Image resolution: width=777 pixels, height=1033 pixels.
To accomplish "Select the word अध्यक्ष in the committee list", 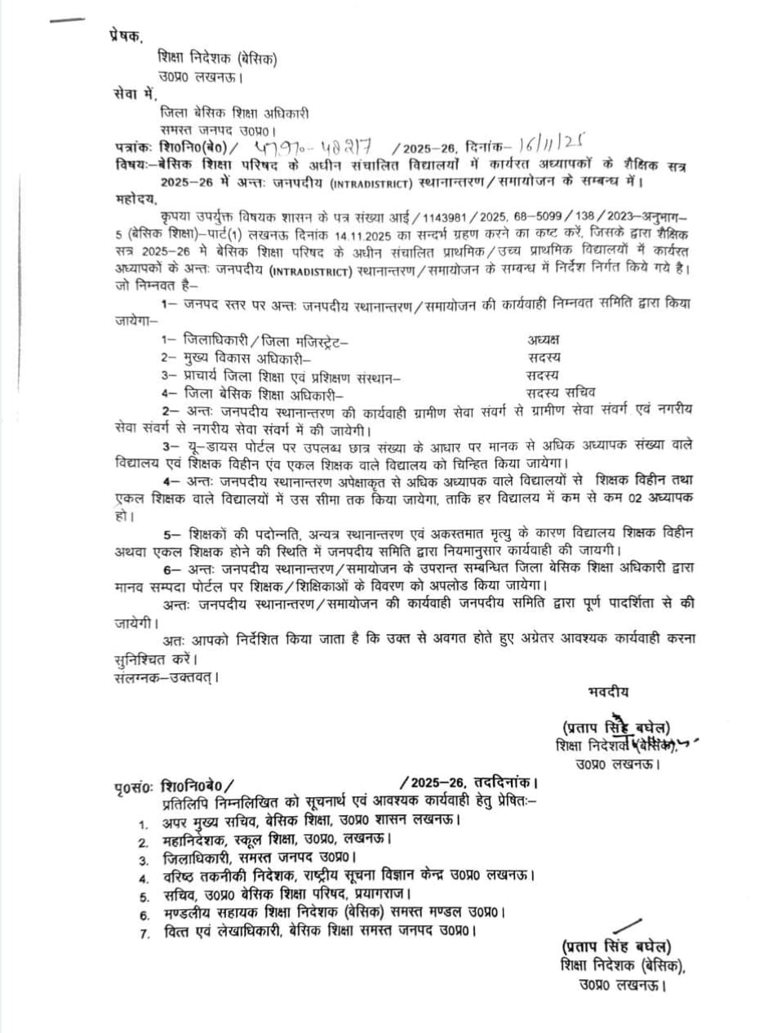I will tap(544, 340).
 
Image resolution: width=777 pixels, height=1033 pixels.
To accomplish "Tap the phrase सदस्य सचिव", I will tap(562, 392).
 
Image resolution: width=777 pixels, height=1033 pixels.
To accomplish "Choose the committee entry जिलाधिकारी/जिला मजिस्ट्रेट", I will tap(255, 340).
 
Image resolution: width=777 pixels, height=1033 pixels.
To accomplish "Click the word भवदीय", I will tap(609, 692).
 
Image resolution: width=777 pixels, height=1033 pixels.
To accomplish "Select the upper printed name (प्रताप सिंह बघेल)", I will tap(616, 727).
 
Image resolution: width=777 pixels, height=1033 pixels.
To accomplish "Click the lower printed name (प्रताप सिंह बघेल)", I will tap(616, 947).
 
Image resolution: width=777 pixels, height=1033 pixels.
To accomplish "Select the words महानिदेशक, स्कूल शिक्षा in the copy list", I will tap(231, 840).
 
